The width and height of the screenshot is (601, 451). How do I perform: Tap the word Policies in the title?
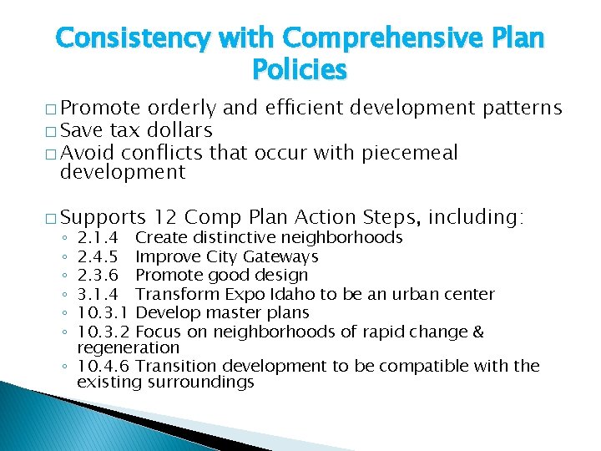click(299, 70)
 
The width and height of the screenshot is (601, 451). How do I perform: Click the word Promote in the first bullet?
click(101, 109)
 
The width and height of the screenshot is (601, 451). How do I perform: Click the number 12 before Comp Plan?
click(166, 218)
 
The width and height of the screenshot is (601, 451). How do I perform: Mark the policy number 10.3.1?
click(103, 312)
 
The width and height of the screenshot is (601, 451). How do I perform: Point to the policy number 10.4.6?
click(103, 366)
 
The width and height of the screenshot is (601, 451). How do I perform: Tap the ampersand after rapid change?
click(477, 332)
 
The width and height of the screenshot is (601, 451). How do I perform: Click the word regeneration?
click(128, 347)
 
